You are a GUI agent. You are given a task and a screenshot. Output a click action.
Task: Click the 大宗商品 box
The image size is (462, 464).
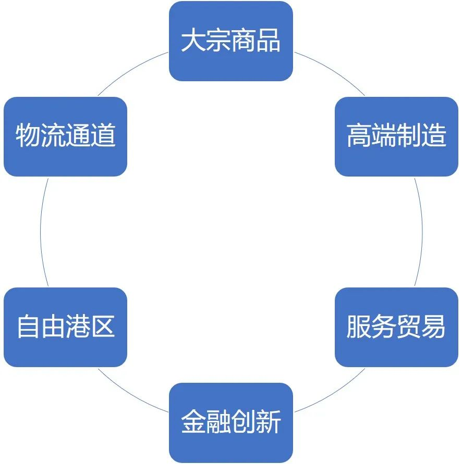coord(231,41)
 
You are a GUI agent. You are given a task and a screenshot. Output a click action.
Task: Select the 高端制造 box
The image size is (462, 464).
coord(396,136)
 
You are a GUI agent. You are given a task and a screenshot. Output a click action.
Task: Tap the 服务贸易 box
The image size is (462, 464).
coord(396,327)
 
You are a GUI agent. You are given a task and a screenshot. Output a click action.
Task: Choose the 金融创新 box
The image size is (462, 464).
coord(231,422)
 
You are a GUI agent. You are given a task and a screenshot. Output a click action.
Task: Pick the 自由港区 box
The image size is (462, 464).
coord(66,327)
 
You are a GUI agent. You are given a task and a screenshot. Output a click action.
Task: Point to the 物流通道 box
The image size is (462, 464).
coord(66,136)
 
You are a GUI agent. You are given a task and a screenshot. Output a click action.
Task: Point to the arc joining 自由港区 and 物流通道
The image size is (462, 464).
coord(40,232)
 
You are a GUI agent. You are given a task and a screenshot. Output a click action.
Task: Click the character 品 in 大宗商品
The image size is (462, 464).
coord(268,40)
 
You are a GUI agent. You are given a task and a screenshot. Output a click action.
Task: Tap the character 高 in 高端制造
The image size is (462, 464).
coord(359,135)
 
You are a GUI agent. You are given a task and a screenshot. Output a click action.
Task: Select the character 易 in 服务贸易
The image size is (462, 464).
coord(433,327)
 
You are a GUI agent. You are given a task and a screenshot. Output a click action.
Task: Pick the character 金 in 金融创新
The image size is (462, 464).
coord(193,422)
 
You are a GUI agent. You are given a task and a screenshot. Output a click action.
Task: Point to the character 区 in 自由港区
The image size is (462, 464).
coord(103,327)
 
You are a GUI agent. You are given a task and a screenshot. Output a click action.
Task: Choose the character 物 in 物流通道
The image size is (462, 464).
coord(28,135)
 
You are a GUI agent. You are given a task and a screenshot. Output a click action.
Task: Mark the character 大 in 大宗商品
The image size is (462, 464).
coord(193,40)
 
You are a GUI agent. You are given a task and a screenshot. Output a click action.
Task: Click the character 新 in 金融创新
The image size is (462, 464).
coord(268,422)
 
